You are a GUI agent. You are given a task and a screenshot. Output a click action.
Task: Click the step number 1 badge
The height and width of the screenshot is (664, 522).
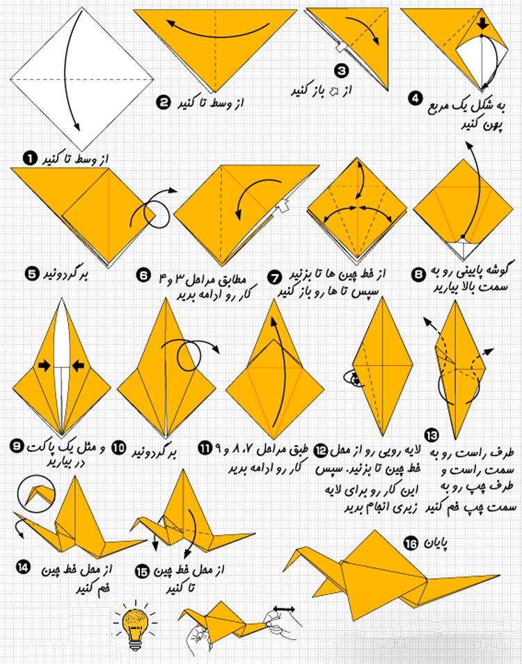30,159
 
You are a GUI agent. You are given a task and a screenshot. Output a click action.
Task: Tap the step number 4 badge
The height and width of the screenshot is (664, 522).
416,98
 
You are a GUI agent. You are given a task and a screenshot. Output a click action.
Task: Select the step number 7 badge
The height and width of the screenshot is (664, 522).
274,278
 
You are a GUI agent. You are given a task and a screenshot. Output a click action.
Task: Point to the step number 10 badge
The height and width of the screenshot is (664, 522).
119,448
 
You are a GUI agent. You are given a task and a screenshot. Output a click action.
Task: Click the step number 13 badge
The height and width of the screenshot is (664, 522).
432,435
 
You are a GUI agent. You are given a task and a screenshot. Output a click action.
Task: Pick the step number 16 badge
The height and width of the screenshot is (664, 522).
411,543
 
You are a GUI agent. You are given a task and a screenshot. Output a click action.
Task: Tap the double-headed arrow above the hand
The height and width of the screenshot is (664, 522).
284,609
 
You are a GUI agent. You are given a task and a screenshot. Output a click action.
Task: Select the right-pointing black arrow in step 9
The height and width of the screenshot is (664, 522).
45,366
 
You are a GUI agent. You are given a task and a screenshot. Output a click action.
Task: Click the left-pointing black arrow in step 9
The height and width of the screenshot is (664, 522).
78,366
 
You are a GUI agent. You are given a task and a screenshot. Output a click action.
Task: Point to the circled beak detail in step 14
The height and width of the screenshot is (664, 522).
36,492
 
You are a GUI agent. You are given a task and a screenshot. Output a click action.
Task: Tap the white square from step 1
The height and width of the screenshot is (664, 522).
82,79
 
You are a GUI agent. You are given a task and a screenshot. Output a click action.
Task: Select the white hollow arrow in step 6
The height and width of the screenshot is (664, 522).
283,207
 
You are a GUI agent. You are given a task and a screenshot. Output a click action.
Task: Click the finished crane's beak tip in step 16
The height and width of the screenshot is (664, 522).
284,569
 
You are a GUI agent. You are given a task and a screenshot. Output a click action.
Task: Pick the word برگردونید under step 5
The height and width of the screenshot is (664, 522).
65,275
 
